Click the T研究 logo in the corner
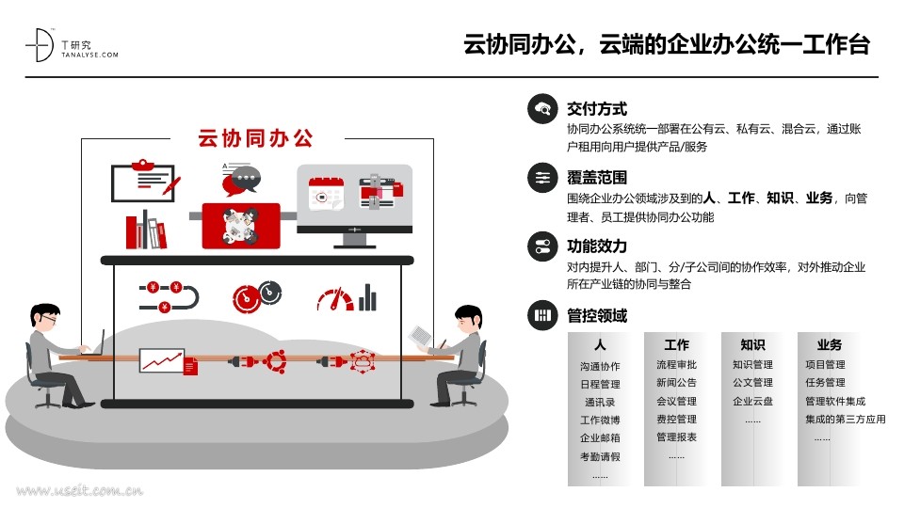pyautogui.click(x=73, y=45)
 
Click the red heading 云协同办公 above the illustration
pyautogui.click(x=255, y=138)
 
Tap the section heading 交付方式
pyautogui.click(x=597, y=109)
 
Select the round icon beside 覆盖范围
pyautogui.click(x=542, y=178)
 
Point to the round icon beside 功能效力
pyautogui.click(x=542, y=246)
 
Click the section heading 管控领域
pyautogui.click(x=597, y=316)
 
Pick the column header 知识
pyautogui.click(x=752, y=344)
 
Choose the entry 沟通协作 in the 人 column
pyautogui.click(x=600, y=366)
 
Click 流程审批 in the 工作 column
pyautogui.click(x=676, y=365)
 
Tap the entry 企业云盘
pyautogui.click(x=752, y=401)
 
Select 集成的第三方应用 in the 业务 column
pyautogui.click(x=846, y=420)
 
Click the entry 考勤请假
pyautogui.click(x=600, y=457)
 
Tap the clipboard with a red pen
pyautogui.click(x=145, y=181)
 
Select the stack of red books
pyautogui.click(x=146, y=230)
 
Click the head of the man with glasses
pyautogui.click(x=45, y=316)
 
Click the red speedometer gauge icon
pyautogui.click(x=335, y=299)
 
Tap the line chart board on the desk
pyautogui.click(x=162, y=360)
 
